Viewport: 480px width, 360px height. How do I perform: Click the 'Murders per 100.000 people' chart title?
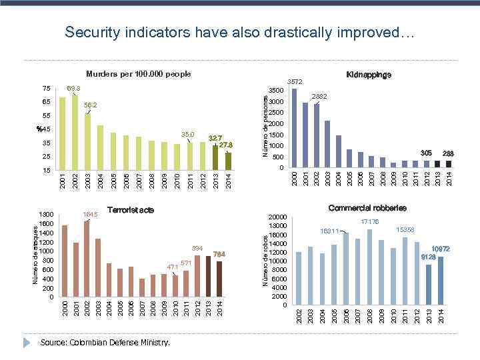[x=139, y=73]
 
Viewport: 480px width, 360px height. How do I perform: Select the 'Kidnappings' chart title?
[x=369, y=75]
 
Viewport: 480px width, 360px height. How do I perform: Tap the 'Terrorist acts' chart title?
[x=131, y=210]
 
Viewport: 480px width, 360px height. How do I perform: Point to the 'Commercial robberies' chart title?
[x=367, y=208]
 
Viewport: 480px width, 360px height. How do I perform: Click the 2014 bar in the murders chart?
[x=228, y=162]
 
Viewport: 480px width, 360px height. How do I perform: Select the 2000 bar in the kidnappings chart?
[x=294, y=128]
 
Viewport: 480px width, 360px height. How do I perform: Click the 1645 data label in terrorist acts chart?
[x=90, y=214]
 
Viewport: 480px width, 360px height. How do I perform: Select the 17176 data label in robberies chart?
[x=370, y=222]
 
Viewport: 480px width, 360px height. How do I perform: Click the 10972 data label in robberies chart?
[x=441, y=249]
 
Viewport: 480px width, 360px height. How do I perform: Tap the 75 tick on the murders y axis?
[x=46, y=88]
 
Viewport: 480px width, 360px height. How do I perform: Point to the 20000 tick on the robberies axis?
[x=277, y=217]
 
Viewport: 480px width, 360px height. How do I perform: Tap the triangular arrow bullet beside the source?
[x=27, y=342]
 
